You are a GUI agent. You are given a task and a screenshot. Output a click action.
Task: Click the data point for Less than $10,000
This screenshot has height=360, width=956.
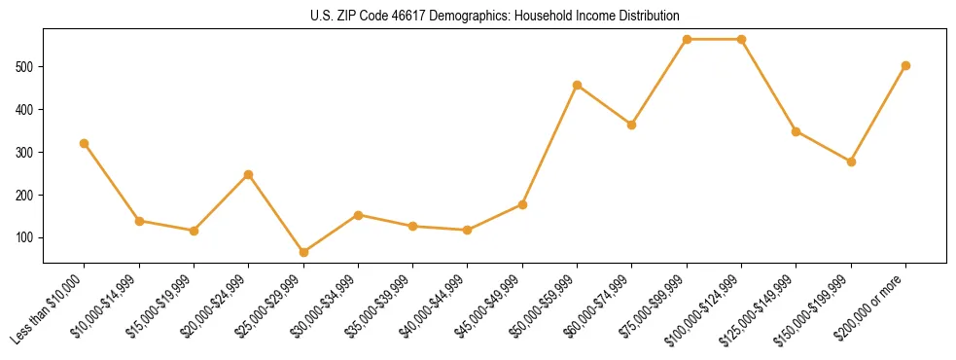pyautogui.click(x=85, y=143)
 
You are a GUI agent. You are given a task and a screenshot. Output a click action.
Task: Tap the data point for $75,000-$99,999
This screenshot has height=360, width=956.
pyautogui.click(x=687, y=39)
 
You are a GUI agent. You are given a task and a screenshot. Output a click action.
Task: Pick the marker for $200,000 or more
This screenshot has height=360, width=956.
pyautogui.click(x=905, y=65)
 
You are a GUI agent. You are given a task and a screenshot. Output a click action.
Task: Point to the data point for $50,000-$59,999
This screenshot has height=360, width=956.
pyautogui.click(x=578, y=85)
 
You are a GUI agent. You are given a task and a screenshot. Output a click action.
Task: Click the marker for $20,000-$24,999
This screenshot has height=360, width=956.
pyautogui.click(x=249, y=174)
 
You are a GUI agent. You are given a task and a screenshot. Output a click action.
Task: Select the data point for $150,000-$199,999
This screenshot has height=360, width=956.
pyautogui.click(x=851, y=162)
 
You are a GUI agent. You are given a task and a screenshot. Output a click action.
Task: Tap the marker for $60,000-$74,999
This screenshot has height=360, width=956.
pyautogui.click(x=632, y=125)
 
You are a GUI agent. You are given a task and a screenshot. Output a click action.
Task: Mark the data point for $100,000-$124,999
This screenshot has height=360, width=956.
pyautogui.click(x=741, y=39)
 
